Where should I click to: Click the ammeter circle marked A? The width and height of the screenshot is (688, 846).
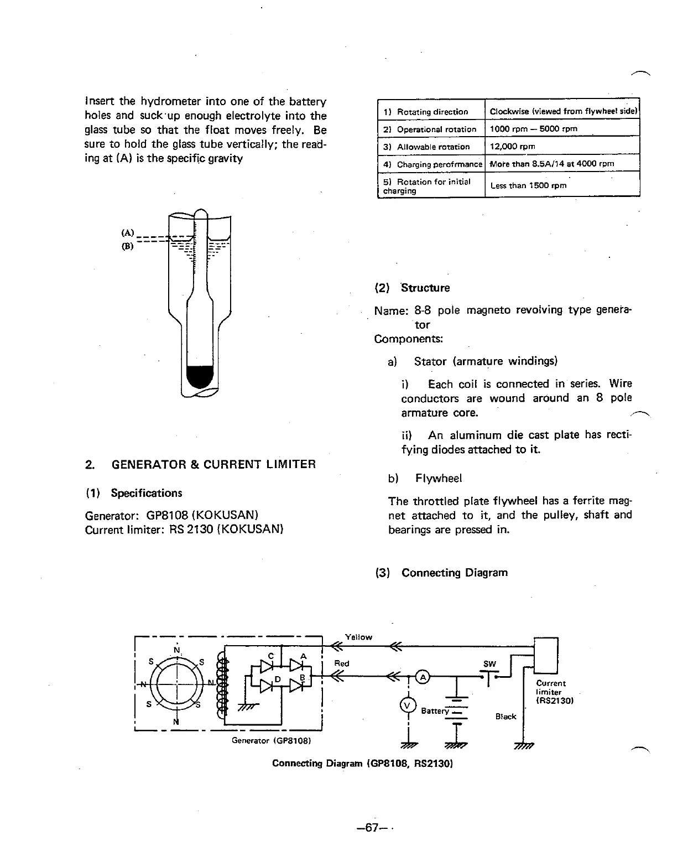[x=423, y=677]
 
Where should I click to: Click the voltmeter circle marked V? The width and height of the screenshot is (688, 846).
[x=407, y=705]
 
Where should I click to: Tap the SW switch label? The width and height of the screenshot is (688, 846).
[x=489, y=664]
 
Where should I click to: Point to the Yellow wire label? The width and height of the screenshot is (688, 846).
[x=358, y=637]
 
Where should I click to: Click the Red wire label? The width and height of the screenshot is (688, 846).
[x=342, y=663]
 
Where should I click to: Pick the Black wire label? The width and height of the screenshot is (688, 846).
[x=505, y=716]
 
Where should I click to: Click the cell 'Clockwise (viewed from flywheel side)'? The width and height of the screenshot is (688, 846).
[x=564, y=111]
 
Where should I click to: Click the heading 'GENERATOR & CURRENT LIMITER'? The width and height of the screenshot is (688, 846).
[x=213, y=464]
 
